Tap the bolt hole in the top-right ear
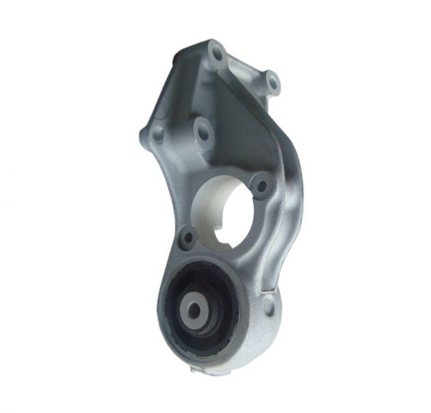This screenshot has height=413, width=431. tap(272, 83)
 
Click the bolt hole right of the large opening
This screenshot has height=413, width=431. tap(260, 183)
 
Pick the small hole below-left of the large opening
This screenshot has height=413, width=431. tap(187, 237)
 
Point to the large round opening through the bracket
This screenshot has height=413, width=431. tap(229, 209)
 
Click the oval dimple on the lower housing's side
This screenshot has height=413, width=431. tap(270, 308)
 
